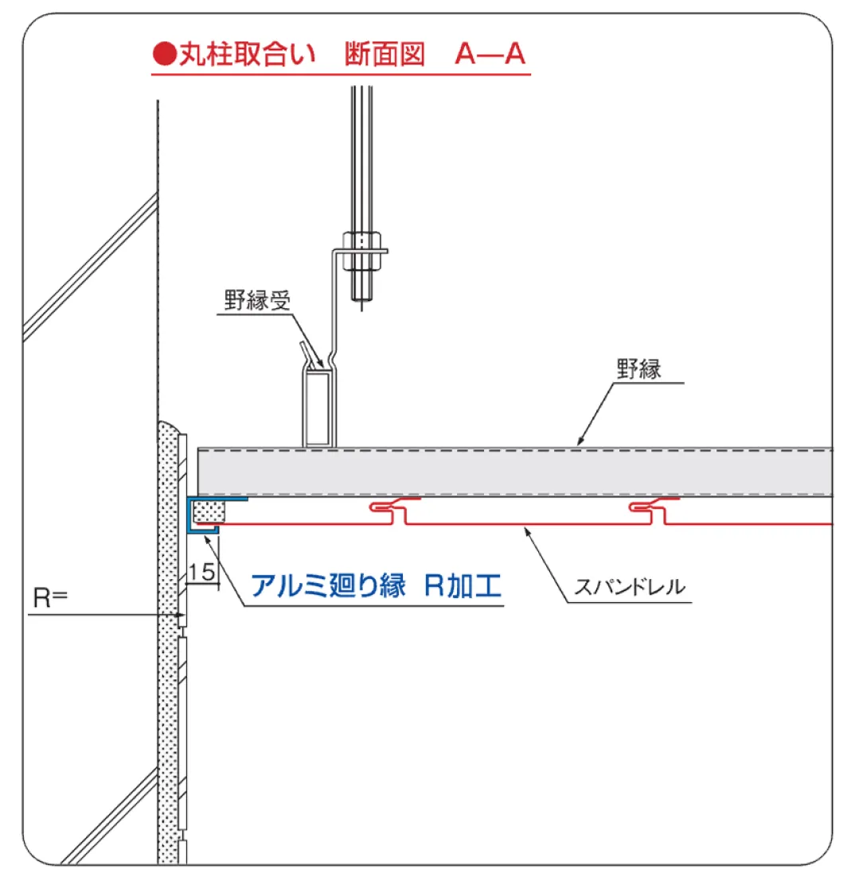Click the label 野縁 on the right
tap(638, 369)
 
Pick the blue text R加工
tap(463, 587)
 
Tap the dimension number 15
tap(204, 572)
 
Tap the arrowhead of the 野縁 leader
tap(579, 443)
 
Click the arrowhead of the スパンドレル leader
tap(526, 528)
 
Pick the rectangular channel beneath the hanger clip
tap(318, 409)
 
